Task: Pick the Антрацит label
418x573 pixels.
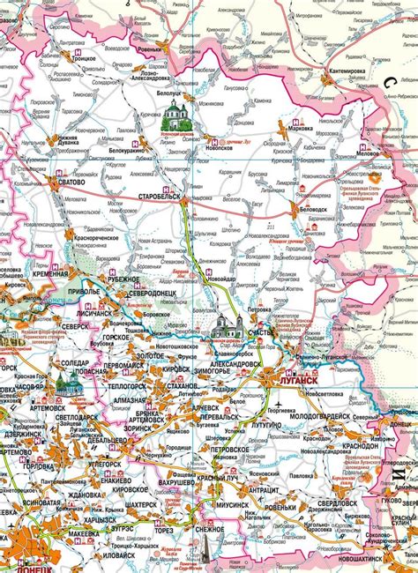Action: pos(265,490)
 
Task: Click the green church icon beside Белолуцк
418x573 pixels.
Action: pos(175,113)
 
